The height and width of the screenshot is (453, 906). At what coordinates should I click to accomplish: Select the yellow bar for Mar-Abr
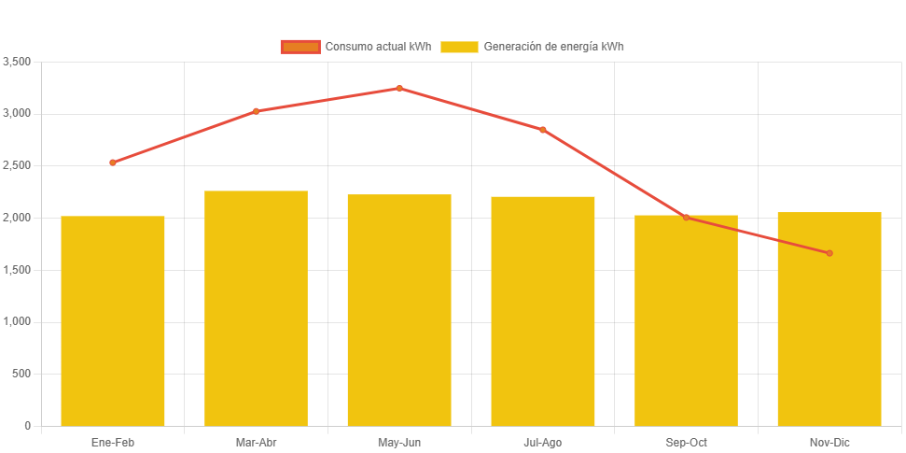point(256,308)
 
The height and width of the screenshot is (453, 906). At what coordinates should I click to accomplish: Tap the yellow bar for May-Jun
point(399,310)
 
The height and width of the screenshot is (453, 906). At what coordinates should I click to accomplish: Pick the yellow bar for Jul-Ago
point(543,311)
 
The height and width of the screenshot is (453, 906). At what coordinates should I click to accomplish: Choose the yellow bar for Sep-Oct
point(686,320)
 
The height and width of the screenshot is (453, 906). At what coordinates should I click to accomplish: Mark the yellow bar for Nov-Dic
point(829,319)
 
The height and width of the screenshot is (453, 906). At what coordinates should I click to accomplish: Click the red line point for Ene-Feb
point(113,163)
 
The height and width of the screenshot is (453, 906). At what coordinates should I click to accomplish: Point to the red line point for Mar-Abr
point(256,111)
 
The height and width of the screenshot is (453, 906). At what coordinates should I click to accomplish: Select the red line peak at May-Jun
point(399,89)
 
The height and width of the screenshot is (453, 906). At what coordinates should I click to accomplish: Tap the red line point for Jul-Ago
point(543,130)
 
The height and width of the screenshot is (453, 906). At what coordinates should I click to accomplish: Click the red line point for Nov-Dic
point(829,253)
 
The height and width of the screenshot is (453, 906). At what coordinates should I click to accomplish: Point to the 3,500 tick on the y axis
point(18,62)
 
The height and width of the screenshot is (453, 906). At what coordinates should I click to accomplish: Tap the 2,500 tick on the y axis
point(18,165)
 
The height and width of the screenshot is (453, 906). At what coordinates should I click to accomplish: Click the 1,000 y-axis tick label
point(18,321)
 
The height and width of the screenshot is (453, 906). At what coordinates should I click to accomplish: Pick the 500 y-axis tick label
point(21,374)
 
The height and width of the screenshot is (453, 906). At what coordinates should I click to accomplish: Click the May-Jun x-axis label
point(399,442)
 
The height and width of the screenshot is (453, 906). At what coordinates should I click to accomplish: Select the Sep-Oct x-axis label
point(686,442)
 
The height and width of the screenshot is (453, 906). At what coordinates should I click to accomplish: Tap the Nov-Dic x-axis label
point(829,442)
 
